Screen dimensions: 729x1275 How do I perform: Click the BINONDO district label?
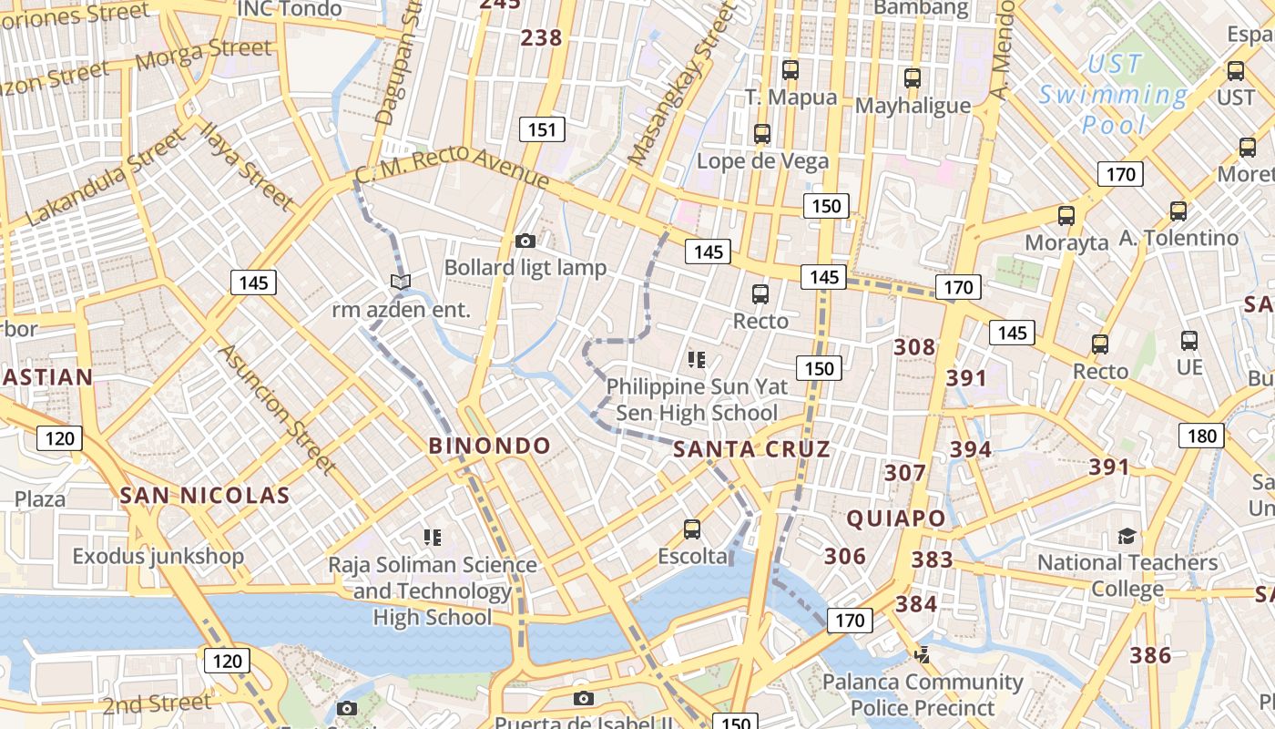point(490,446)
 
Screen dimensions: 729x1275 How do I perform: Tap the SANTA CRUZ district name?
point(751,448)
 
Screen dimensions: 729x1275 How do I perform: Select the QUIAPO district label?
point(896,519)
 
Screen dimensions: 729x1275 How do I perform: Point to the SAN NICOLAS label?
point(205,496)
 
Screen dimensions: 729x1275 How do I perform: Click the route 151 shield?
point(542,129)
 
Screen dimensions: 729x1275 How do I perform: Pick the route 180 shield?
point(1201,436)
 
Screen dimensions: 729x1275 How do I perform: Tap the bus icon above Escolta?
point(692,529)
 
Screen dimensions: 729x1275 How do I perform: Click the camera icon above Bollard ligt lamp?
point(525,241)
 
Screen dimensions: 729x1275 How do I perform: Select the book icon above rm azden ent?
point(401,282)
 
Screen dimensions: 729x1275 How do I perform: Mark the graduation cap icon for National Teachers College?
point(1127,536)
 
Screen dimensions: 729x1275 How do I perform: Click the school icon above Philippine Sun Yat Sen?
point(697,359)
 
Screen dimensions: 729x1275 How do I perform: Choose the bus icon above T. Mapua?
point(790,69)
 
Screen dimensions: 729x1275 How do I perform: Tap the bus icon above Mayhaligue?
point(913,78)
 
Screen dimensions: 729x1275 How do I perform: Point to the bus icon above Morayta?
point(1066,216)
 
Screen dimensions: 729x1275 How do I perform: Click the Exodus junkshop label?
point(158,556)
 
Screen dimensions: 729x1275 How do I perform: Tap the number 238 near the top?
point(541,38)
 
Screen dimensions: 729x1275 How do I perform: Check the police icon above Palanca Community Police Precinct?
point(923,653)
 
